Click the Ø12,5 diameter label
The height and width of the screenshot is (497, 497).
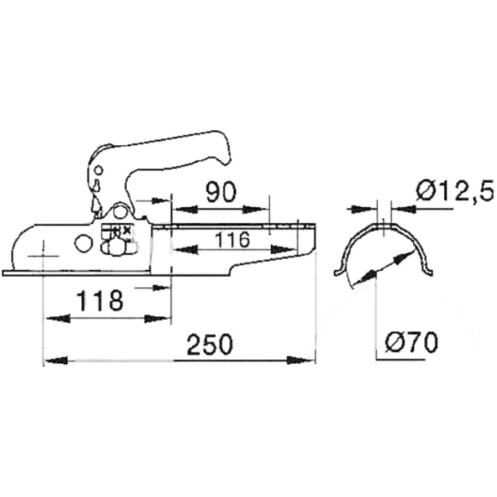pyautogui.click(x=455, y=192)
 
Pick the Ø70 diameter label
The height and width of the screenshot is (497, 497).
pyautogui.click(x=412, y=340)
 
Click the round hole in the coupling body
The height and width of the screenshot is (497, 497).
pyautogui.click(x=83, y=244)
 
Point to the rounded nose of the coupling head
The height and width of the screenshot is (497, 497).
pyautogui.click(x=17, y=248)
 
